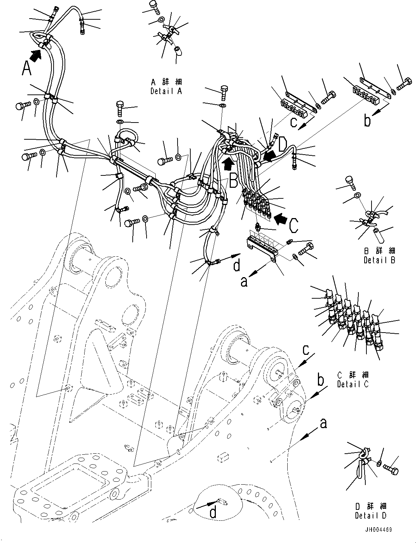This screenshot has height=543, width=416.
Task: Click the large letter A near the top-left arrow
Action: click(26, 69)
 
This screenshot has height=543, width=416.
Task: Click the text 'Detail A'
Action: click(166, 91)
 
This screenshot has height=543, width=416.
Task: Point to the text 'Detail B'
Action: click(379, 260)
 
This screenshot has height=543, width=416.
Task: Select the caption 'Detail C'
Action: click(353, 384)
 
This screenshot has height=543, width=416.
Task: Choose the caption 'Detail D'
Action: click(370, 515)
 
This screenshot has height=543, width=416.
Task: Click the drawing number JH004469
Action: click(375, 530)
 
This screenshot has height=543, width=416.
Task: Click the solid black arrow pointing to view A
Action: click(35, 55)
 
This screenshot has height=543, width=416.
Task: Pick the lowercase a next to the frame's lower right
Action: click(323, 424)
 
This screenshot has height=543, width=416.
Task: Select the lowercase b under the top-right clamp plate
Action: click(367, 121)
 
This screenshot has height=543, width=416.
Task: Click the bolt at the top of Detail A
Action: click(154, 7)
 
